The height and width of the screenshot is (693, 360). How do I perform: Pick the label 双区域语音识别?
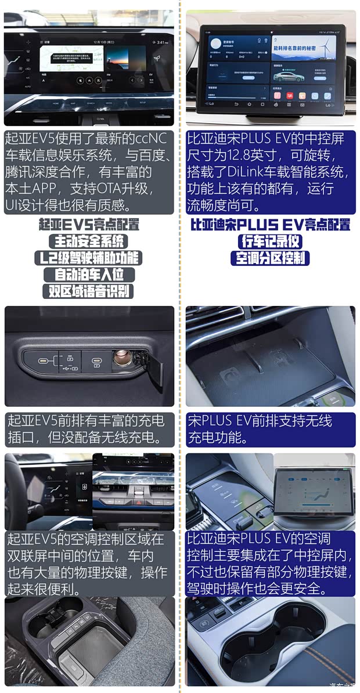click(88, 291)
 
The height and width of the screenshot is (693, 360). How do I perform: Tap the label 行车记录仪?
click(270, 241)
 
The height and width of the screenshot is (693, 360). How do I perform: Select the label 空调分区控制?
click(270, 258)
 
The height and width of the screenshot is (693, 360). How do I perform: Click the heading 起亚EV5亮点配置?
click(88, 225)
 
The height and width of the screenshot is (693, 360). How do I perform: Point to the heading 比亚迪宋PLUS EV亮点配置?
click(270, 225)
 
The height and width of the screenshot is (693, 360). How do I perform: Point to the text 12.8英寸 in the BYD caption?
click(257, 156)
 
